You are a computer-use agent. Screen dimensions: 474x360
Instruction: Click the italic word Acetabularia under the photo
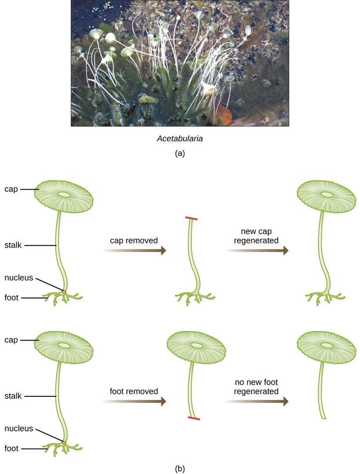[x=180, y=139]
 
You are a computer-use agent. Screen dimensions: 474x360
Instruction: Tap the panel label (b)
[x=180, y=468]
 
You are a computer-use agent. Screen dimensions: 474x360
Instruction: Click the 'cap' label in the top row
[x=12, y=189]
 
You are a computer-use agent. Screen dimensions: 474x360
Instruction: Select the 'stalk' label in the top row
[x=14, y=245]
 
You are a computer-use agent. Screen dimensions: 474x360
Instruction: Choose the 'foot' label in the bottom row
[x=11, y=448]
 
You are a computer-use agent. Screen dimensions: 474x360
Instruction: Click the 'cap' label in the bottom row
[x=12, y=340]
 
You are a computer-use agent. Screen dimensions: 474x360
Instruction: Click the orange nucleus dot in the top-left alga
[x=64, y=291]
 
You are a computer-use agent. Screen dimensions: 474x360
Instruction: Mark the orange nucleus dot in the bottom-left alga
[x=64, y=443]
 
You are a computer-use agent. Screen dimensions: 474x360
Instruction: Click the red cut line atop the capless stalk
[x=191, y=218]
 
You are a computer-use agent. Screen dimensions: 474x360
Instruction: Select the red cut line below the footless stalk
[x=194, y=418]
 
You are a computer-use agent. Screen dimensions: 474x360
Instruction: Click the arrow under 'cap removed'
[x=134, y=250]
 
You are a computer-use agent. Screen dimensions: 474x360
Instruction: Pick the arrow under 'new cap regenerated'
[x=257, y=250]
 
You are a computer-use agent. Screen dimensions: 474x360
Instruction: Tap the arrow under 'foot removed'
[x=134, y=401]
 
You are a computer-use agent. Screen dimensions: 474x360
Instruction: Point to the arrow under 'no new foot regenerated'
[x=257, y=401]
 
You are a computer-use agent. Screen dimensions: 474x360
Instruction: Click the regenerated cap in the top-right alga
[x=327, y=195]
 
